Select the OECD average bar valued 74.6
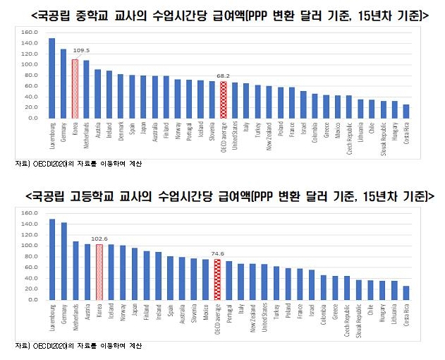[x=217, y=280]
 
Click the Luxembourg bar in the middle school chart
[x=52, y=78]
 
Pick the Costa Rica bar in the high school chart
[x=406, y=292]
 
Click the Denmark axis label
[x=121, y=133]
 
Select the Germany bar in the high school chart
[x=64, y=260]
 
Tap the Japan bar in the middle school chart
[x=143, y=97]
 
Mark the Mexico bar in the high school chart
[x=205, y=279]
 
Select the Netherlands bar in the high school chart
[x=75, y=270]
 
